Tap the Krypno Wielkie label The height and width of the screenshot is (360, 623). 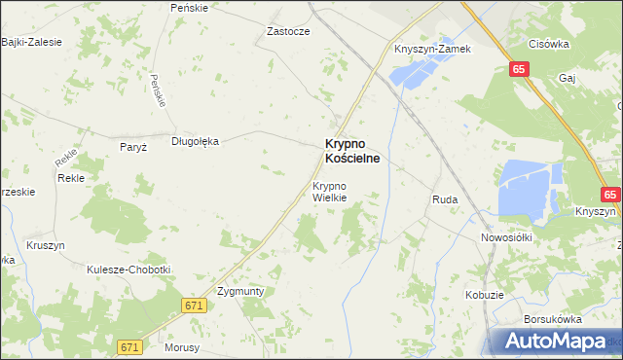tap(329, 192)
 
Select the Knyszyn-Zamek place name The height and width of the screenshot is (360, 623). tap(432, 49)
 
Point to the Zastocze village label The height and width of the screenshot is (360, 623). tap(288, 31)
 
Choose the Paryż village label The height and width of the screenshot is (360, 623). tap(131, 147)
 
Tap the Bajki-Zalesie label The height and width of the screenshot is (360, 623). tap(31, 42)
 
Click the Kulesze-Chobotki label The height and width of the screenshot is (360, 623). tap(128, 270)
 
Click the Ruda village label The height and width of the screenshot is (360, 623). tap(445, 199)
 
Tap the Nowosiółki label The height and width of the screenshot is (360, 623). tap(504, 236)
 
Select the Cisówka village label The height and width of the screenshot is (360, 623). tap(548, 43)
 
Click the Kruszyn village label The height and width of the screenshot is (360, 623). tap(46, 246)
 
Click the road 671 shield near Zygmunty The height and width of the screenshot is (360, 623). tap(195, 306)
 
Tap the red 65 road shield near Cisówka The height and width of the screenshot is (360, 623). tap(519, 69)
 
